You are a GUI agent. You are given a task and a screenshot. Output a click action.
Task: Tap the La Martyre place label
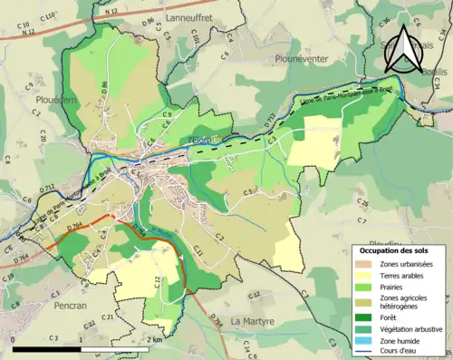coord(254,321)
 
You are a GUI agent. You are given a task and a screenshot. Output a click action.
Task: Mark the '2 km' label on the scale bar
coord(156,339)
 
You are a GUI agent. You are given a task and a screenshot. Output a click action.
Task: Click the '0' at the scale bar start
coord(15,339)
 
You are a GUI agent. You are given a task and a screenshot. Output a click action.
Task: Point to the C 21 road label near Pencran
coord(107,316)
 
